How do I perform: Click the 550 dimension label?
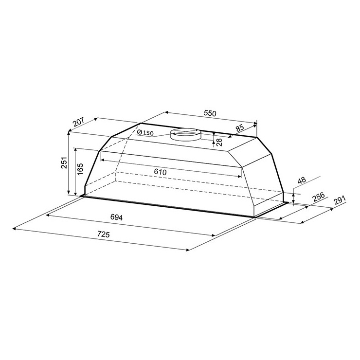click(210, 113)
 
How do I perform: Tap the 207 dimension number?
click(79, 122)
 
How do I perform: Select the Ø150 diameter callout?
click(145, 132)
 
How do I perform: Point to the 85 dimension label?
click(240, 128)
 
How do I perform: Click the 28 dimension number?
click(219, 143)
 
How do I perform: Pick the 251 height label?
click(64, 162)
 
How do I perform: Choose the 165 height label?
click(80, 169)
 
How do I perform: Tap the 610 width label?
click(160, 172)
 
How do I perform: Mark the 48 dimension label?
click(302, 180)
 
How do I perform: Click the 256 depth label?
click(319, 197)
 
